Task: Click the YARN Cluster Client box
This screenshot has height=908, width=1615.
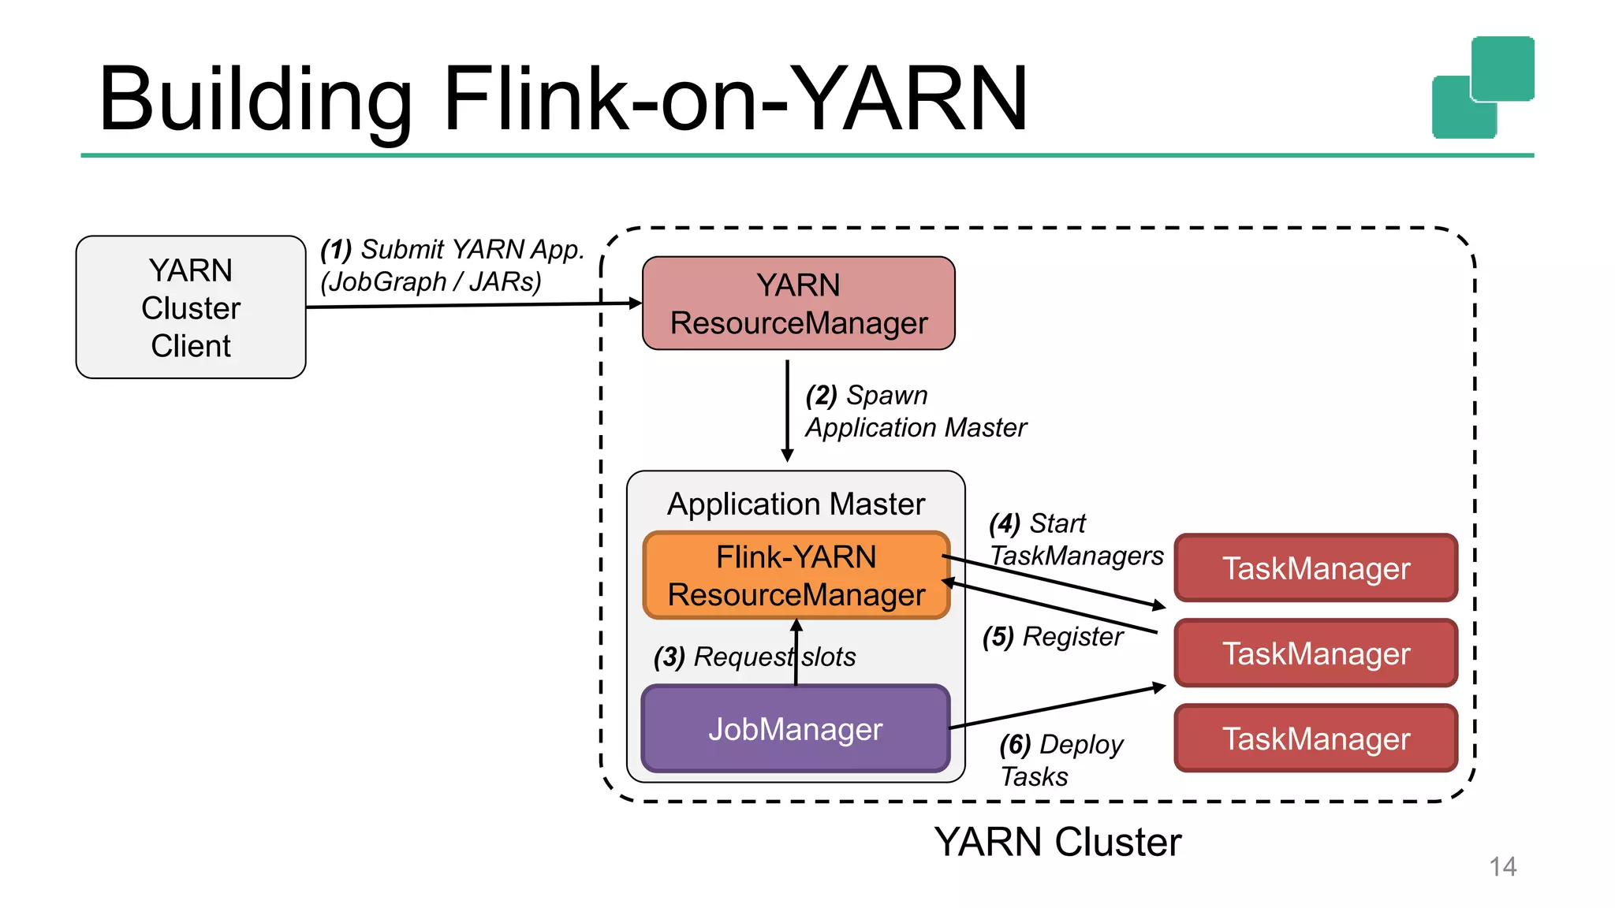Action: [x=191, y=307]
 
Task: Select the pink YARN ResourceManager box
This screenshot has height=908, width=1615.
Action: [x=798, y=303]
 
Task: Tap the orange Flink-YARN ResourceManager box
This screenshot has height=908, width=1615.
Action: [x=796, y=575]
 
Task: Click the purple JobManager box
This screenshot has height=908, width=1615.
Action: [x=795, y=729]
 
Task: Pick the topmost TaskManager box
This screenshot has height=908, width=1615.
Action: [x=1315, y=568]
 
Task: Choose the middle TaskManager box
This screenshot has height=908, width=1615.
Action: [x=1315, y=653]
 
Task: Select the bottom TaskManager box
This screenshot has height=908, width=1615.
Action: [x=1315, y=739]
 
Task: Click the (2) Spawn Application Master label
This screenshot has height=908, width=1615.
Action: [x=915, y=411]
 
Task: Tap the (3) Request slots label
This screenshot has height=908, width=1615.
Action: [x=754, y=657]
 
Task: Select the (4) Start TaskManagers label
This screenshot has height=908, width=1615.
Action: [x=1075, y=540]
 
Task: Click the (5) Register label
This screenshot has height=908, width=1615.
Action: [x=1053, y=637]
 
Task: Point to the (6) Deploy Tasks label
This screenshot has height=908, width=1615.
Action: [x=1061, y=760]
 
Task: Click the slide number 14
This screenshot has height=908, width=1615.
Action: [x=1502, y=867]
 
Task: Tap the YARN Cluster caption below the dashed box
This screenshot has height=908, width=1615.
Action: [x=1057, y=842]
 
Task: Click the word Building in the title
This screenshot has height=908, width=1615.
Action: [x=255, y=99]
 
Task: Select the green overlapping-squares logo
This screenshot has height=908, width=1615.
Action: [x=1483, y=87]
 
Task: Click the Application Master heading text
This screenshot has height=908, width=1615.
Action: [x=796, y=504]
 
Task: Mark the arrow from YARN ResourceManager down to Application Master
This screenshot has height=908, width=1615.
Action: [x=787, y=410]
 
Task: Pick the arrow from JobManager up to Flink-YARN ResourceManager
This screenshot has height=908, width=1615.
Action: [x=796, y=653]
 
